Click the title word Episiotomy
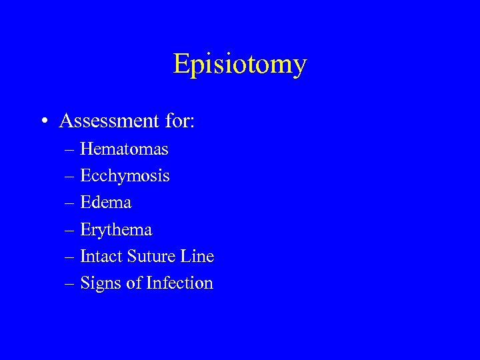click(240, 64)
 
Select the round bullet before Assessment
click(43, 122)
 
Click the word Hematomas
click(124, 149)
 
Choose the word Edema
click(105, 202)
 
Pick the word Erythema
click(116, 230)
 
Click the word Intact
click(97, 256)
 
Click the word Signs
click(101, 283)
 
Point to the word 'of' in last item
click(134, 283)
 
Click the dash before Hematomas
click(69, 150)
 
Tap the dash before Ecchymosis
click(69, 177)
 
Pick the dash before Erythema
click(69, 231)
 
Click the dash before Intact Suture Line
click(69, 257)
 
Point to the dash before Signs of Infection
click(69, 284)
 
